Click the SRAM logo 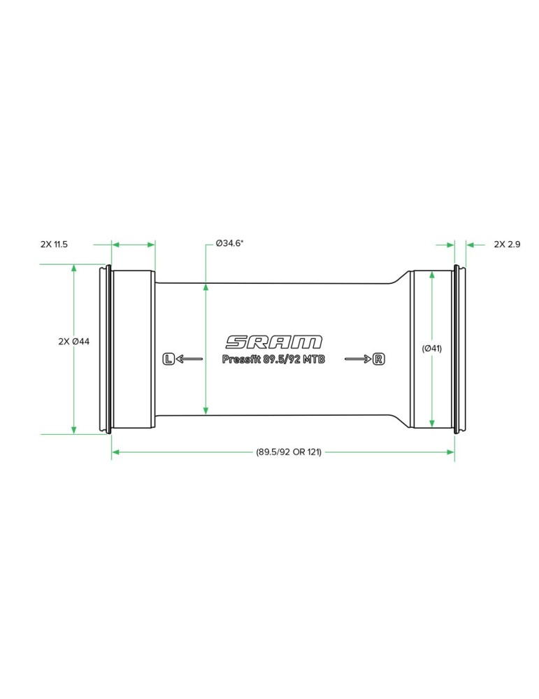(273, 342)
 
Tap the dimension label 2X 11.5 (54, 244)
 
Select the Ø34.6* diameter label (229, 243)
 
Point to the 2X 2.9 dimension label (507, 244)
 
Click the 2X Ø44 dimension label (74, 342)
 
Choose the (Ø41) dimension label (431, 348)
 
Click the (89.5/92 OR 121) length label (289, 452)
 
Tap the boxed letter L (168, 359)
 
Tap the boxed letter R (378, 359)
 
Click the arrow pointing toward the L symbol (189, 359)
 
